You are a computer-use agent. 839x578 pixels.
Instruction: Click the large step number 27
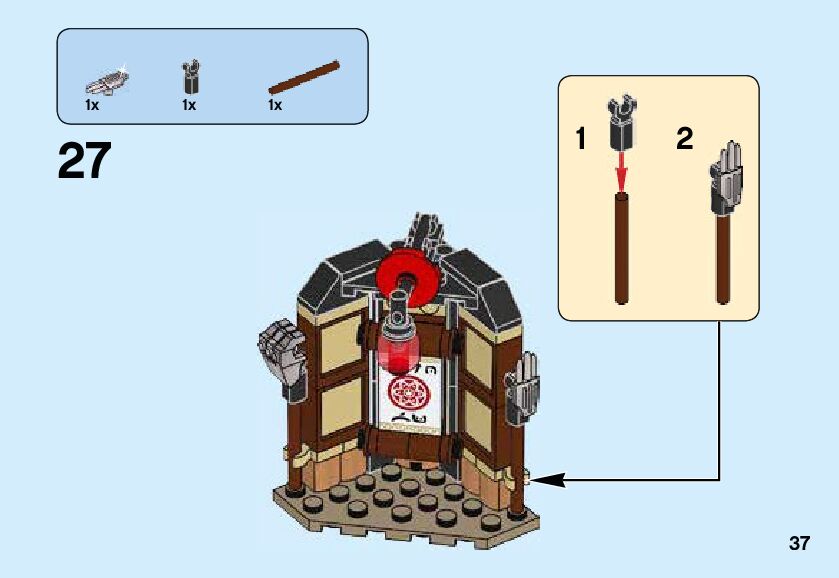click(x=85, y=161)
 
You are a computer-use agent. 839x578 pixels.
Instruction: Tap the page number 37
click(x=798, y=544)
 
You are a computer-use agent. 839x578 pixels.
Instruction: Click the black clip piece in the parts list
click(x=191, y=77)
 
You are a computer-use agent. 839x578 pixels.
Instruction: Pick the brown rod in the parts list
click(x=304, y=78)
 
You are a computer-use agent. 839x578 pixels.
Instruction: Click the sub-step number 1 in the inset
click(x=581, y=140)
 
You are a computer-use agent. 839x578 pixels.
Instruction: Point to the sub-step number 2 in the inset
click(x=684, y=139)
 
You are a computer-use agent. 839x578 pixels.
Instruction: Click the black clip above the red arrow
click(x=621, y=119)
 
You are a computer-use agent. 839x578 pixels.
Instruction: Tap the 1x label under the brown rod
click(x=275, y=105)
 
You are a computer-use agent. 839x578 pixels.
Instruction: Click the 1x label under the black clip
click(x=189, y=105)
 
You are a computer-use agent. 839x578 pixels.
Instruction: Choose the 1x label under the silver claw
click(x=92, y=105)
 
